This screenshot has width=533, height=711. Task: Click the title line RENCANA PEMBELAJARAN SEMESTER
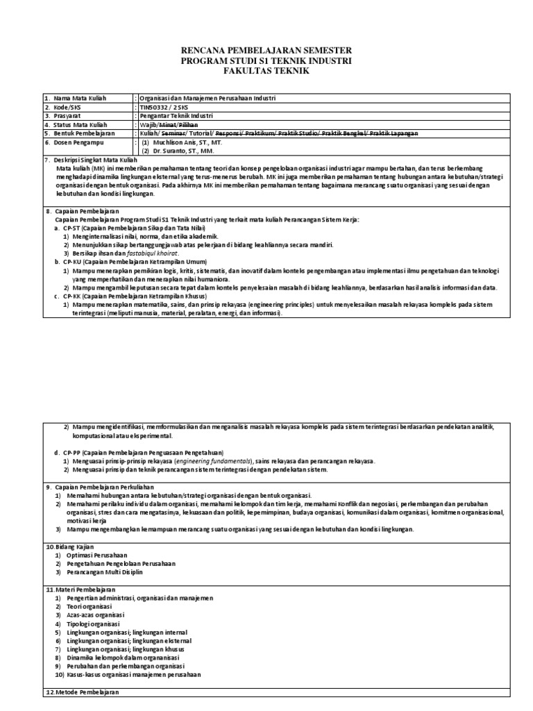(266, 51)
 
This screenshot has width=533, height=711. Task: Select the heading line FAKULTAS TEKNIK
(266, 72)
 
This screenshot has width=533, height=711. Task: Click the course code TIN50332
(153, 107)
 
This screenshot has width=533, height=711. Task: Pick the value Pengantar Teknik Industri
(178, 116)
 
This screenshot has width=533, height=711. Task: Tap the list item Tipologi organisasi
(94, 624)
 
